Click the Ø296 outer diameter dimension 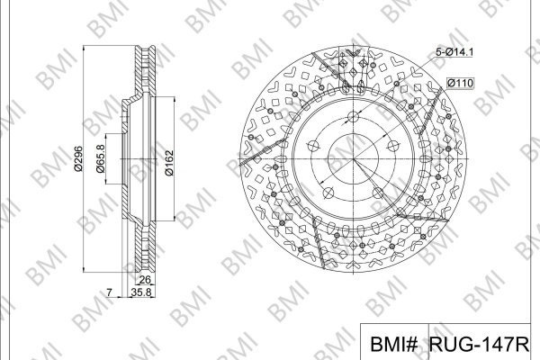[78, 158]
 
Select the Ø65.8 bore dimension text [100, 158]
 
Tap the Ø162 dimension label [169, 163]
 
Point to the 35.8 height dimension [141, 292]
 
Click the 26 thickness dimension [145, 279]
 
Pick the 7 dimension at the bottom [109, 292]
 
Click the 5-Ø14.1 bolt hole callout [454, 52]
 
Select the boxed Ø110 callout [460, 83]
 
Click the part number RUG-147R [479, 344]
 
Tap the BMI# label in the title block [394, 344]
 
